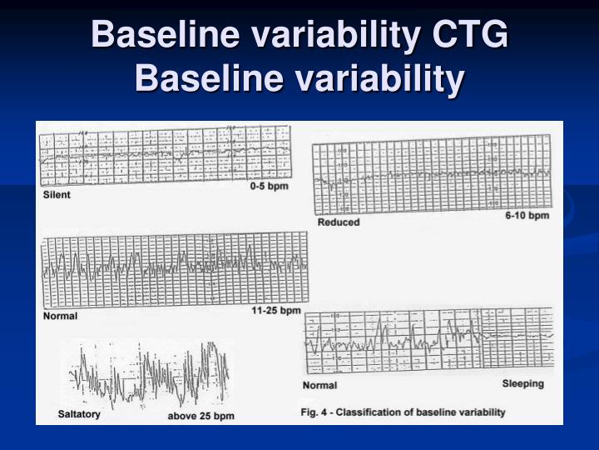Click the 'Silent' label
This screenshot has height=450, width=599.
click(57, 195)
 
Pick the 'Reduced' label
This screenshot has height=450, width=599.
click(339, 222)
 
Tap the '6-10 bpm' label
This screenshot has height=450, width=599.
click(527, 216)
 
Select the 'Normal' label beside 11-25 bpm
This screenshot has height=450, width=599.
click(61, 316)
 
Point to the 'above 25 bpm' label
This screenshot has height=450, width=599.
click(200, 415)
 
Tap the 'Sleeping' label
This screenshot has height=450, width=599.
click(522, 383)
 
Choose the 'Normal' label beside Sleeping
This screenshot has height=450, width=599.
click(320, 386)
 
